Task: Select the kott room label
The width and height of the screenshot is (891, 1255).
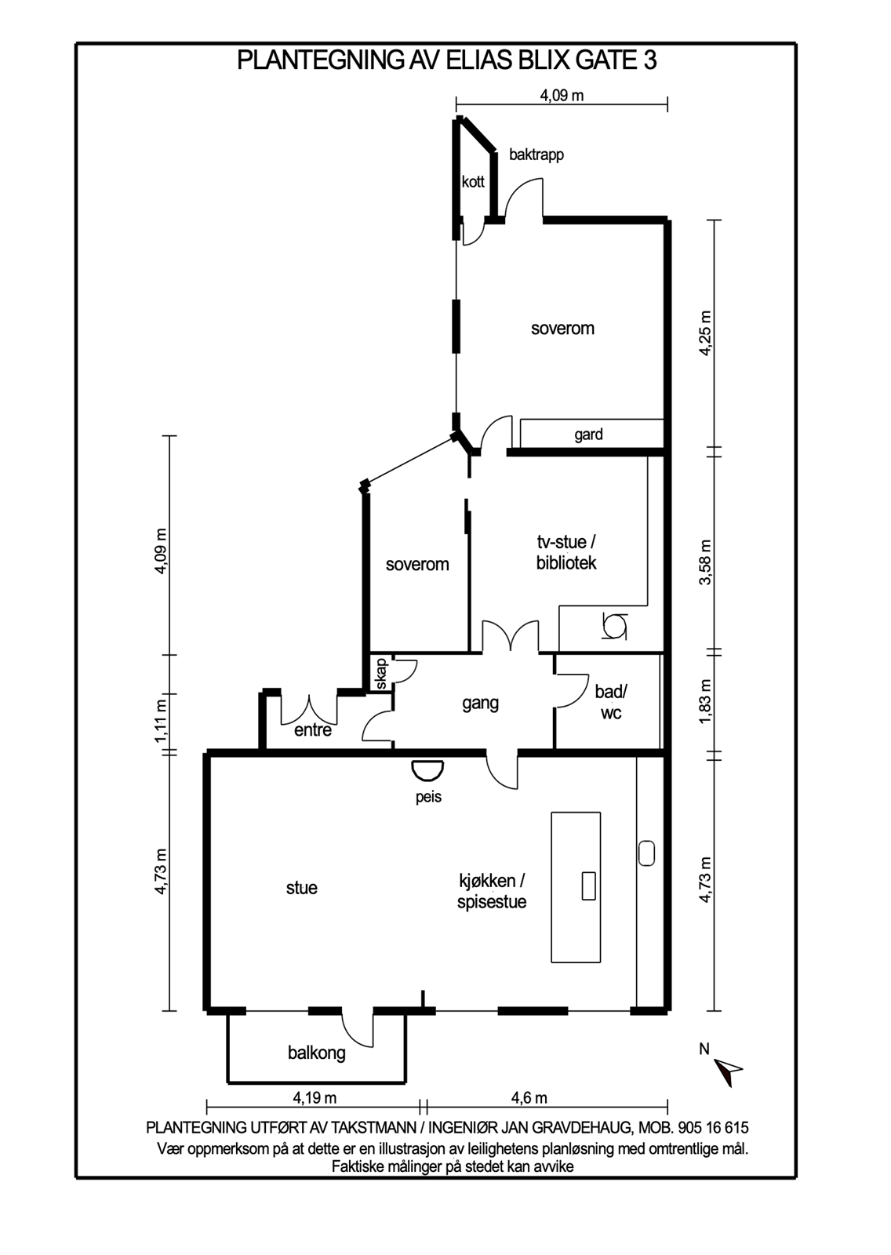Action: (473, 181)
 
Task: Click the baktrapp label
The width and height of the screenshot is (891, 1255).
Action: (536, 155)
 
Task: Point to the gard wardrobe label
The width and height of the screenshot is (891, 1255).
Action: (588, 435)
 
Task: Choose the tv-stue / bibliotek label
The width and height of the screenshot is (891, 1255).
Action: (566, 552)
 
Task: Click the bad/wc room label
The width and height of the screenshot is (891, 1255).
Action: (611, 702)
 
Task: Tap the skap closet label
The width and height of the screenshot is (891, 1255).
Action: (382, 674)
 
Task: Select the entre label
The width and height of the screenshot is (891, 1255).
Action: (313, 730)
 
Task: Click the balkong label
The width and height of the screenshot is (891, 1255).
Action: (317, 1053)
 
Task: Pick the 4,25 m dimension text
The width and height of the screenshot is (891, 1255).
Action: (705, 333)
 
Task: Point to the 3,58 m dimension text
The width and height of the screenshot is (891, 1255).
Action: (705, 562)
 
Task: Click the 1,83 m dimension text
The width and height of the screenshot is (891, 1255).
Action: (705, 702)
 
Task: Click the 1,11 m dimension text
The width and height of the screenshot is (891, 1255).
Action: (162, 722)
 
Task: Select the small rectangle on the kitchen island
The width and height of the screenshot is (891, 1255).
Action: (588, 886)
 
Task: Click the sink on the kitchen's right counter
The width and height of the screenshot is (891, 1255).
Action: (646, 853)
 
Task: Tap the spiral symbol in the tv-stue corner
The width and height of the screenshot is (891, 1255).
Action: (614, 626)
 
